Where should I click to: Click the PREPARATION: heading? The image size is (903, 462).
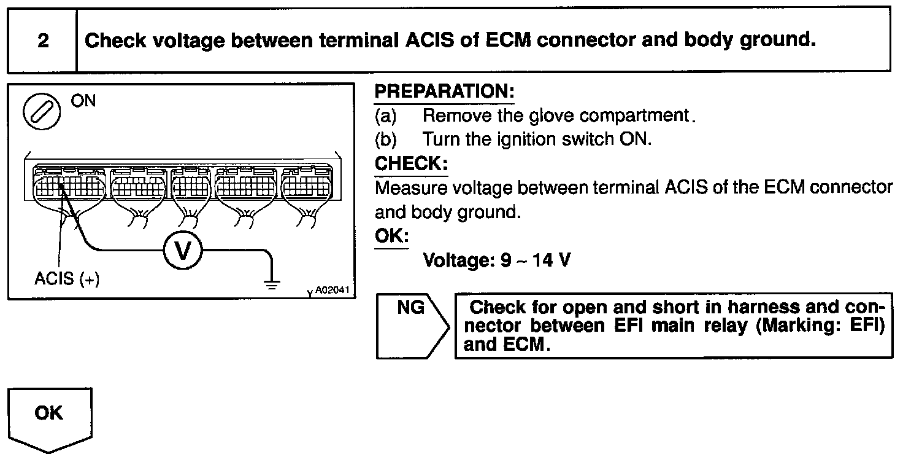click(444, 92)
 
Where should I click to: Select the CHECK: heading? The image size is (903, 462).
click(411, 164)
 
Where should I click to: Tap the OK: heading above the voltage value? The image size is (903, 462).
click(391, 237)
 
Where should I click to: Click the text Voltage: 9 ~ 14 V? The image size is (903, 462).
click(497, 260)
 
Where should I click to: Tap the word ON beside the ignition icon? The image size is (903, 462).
click(83, 101)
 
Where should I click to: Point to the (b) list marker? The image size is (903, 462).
click(386, 139)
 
